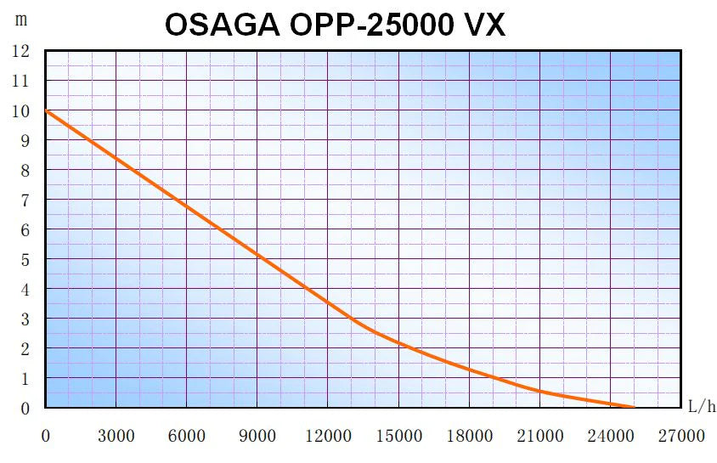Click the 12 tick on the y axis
[21, 51]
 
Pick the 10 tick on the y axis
[21, 110]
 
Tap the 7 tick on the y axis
[25, 200]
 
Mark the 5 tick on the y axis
[25, 259]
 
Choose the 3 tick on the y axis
[25, 319]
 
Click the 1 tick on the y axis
[25, 378]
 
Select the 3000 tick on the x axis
[116, 437]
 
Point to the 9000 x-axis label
[257, 437]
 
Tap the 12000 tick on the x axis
[327, 437]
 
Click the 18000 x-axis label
[469, 437]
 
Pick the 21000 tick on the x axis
[539, 437]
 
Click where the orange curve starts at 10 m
[46, 110]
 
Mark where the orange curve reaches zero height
[633, 407]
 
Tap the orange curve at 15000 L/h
[398, 343]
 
